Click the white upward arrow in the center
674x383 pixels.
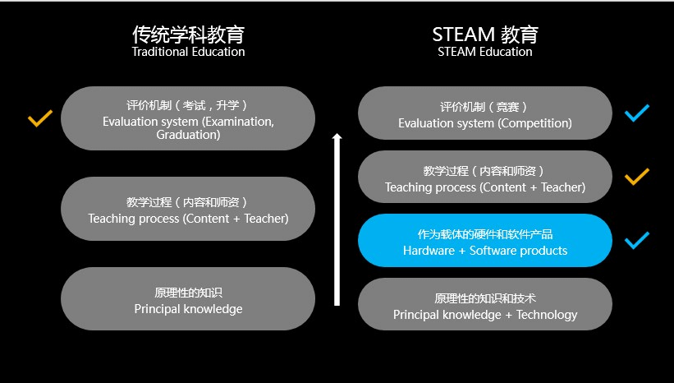337,219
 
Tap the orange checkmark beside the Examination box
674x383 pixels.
40,118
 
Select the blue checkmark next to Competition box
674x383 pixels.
636,113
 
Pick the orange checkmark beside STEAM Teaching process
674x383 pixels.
636,177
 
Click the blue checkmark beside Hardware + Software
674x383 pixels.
636,240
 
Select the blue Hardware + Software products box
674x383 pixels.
485,240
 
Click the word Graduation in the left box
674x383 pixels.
188,135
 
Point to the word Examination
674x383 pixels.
240,122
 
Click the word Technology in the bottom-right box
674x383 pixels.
547,315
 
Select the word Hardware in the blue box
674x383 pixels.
429,251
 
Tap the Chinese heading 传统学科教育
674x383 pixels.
188,35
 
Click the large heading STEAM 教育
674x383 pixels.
485,35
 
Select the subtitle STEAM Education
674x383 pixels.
485,52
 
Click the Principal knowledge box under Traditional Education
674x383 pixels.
188,298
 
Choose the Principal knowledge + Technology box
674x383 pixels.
485,304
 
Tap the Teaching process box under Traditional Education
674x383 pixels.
188,209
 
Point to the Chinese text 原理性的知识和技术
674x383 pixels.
485,298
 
